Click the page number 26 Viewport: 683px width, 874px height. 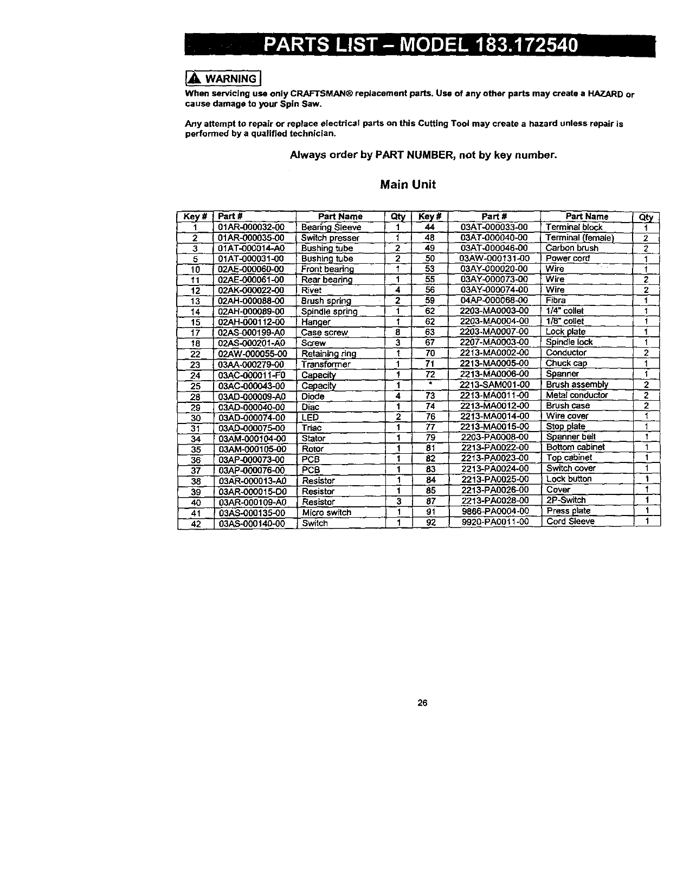pos(422,703)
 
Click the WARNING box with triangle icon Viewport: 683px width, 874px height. pos(223,79)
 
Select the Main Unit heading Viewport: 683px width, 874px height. pos(408,185)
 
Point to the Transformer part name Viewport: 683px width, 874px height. pos(326,364)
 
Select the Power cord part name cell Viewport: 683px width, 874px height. pos(567,258)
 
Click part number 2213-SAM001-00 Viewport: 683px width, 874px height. pos(494,384)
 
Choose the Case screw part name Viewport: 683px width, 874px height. pos(324,332)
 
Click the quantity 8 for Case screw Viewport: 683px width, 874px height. pos(398,332)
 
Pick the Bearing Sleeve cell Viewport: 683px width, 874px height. pos(331,227)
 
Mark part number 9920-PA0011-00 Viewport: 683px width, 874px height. pos(494,521)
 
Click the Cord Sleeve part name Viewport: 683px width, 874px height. pos(570,521)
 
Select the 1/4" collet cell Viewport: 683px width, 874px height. pos(565,311)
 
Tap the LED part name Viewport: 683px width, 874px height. pos(310,418)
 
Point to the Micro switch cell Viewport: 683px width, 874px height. pos(326,512)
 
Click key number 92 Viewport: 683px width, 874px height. pos(430,522)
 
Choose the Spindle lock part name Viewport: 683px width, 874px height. pos(569,342)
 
